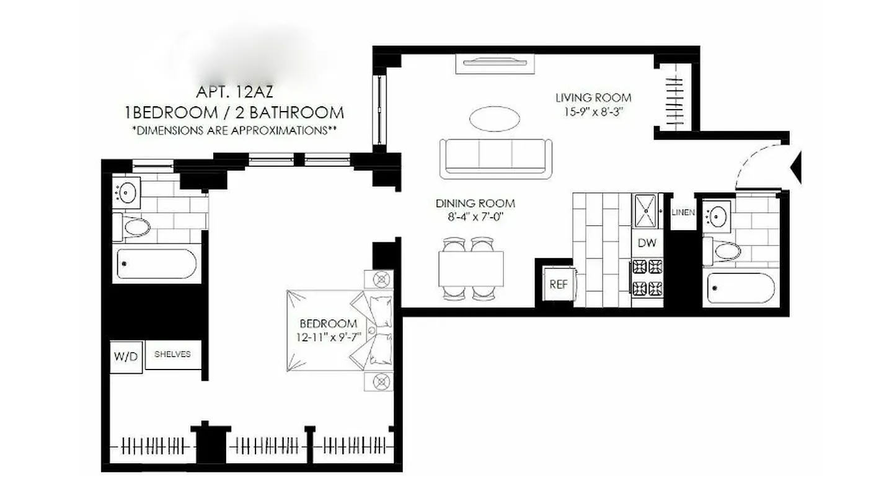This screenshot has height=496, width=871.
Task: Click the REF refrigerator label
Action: [559, 285]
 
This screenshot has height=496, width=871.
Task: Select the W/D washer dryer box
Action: [126, 356]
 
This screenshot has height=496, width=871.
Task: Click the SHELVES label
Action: [172, 354]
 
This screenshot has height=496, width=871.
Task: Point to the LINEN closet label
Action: [683, 213]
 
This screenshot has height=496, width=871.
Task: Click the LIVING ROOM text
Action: [593, 97]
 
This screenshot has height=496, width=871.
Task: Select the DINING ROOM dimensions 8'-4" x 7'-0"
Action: [475, 216]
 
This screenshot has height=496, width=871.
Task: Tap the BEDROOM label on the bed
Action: [328, 324]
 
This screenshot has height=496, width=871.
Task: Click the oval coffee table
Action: [494, 118]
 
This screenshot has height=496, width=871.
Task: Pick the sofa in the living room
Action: [495, 157]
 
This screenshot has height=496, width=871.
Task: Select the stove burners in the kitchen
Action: [647, 277]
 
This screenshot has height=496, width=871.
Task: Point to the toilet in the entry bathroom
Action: [723, 251]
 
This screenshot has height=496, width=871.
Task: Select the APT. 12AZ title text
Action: [234, 92]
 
